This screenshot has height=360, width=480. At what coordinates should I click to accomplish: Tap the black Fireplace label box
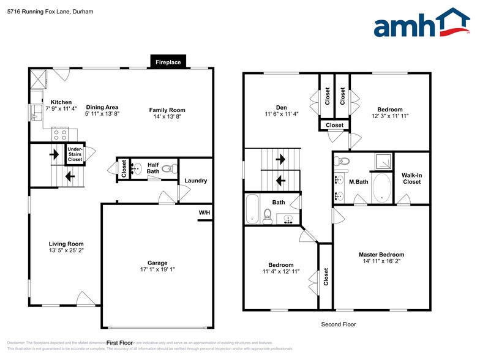168,62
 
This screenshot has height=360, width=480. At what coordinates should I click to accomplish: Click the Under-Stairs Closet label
75,154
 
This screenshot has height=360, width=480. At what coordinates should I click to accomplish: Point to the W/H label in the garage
203,213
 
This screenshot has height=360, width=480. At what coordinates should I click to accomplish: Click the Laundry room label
196,181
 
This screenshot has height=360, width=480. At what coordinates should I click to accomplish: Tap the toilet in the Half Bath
173,167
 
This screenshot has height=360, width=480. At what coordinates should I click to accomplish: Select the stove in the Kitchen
61,133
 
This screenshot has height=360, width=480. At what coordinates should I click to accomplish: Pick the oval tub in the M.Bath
380,188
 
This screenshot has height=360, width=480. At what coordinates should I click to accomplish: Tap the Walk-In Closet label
411,178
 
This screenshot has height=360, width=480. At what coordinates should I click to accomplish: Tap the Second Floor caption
339,324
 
